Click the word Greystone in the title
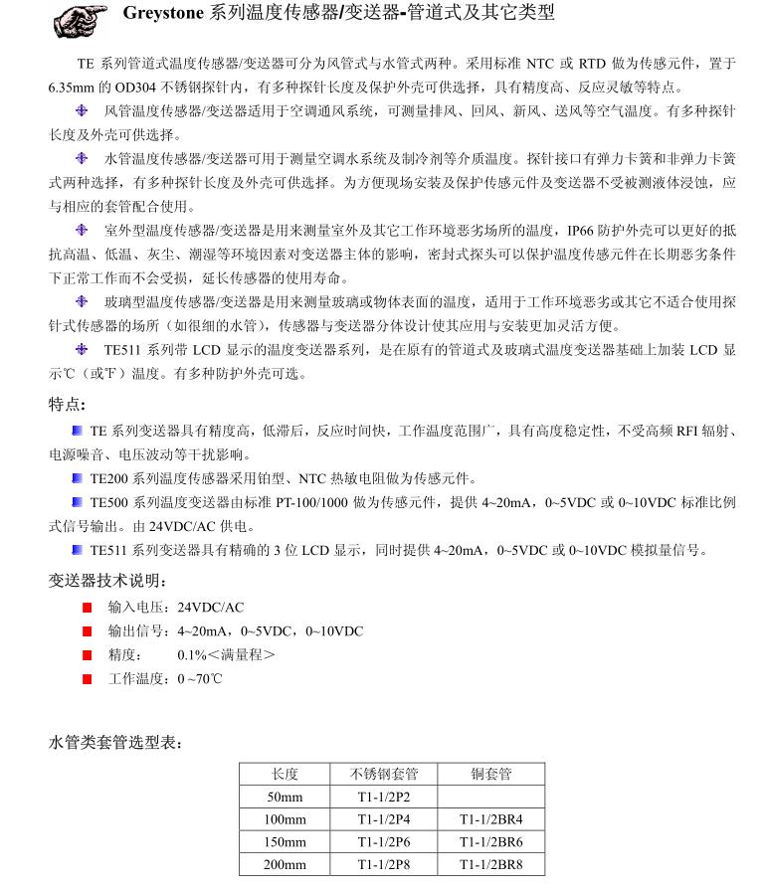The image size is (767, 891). click(162, 14)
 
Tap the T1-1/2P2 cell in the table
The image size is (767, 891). click(384, 798)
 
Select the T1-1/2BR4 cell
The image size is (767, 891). click(490, 820)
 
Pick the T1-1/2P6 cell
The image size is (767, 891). click(384, 842)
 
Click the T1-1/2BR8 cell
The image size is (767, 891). click(490, 865)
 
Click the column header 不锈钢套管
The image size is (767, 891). click(384, 775)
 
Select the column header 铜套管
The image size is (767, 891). click(490, 775)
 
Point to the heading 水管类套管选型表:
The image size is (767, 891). click(115, 742)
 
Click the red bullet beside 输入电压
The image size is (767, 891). click(88, 607)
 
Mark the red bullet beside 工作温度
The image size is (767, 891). click(88, 679)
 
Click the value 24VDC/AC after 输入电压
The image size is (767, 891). click(210, 607)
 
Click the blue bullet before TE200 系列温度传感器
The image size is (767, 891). click(78, 478)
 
